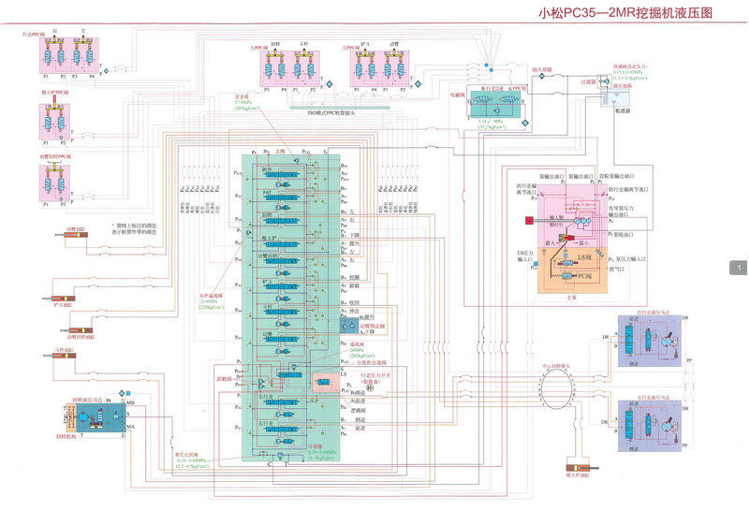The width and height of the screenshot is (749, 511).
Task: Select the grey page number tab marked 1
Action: coord(739,269)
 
